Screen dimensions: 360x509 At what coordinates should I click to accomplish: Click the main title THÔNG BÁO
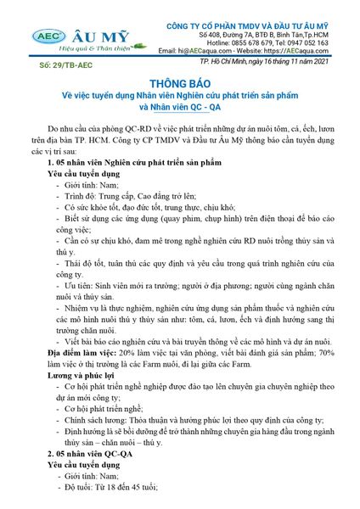pos(178,85)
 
